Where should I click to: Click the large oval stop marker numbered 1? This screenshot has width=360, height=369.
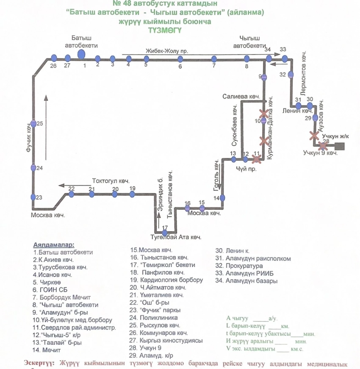[81, 54]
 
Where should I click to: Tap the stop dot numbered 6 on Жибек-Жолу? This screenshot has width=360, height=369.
[180, 58]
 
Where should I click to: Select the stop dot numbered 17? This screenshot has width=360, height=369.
[165, 233]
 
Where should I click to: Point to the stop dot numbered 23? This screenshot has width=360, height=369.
[33, 197]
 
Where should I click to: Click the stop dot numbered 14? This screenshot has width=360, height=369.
[222, 197]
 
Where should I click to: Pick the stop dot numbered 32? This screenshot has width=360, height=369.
[291, 75]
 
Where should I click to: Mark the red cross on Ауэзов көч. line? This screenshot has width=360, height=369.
[314, 135]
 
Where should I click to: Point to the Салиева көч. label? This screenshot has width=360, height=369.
[241, 97]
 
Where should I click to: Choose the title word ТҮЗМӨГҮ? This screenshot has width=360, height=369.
[165, 30]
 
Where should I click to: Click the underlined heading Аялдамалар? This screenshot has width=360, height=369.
[53, 244]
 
